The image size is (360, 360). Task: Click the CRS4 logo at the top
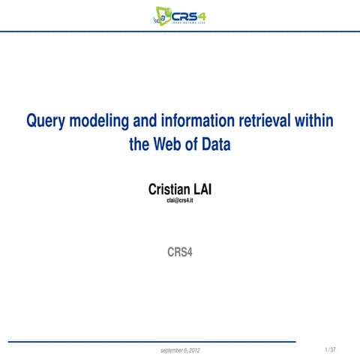pyautogui.click(x=179, y=14)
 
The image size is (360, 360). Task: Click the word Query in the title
pyautogui.click(x=46, y=121)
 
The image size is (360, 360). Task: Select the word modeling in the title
pyautogui.click(x=100, y=121)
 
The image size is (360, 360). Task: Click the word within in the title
pyautogui.click(x=315, y=121)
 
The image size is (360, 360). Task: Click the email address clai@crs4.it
pyautogui.click(x=180, y=202)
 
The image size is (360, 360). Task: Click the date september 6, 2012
pyautogui.click(x=180, y=350)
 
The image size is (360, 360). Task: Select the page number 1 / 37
pyautogui.click(x=330, y=349)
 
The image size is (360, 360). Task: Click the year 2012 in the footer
pyautogui.click(x=193, y=350)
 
